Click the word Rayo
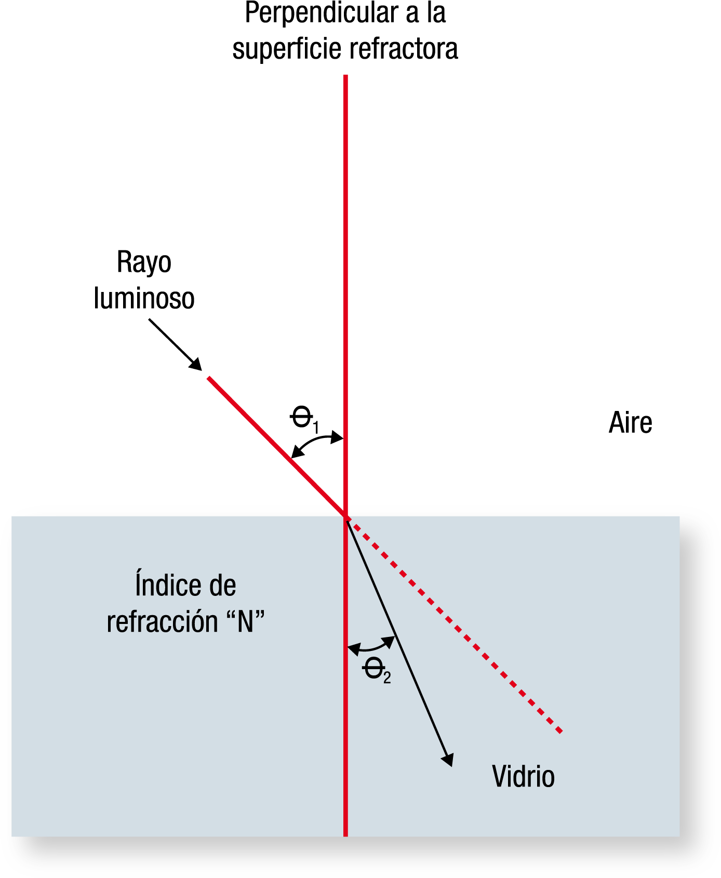tap(144, 263)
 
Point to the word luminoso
tap(144, 298)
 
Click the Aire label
tap(630, 422)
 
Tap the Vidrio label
tap(523, 777)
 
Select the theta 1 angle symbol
tap(304, 419)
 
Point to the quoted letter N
tap(246, 621)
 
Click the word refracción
tap(162, 622)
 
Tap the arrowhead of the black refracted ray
tap(448, 760)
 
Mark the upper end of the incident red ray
tap(209, 378)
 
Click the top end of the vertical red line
tap(345, 76)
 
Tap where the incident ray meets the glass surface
tap(345, 516)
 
